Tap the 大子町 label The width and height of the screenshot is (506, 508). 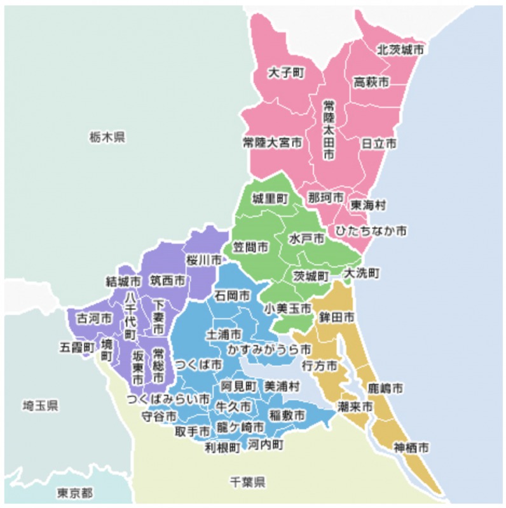pos(287,73)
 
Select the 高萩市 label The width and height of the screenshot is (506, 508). pos(371,83)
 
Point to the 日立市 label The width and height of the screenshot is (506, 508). pos(379,144)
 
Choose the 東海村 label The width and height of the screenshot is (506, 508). pos(368,206)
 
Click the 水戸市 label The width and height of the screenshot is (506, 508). pos(306,239)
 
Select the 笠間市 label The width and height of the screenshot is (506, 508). pos(249,246)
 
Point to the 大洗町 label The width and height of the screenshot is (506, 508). pos(362,274)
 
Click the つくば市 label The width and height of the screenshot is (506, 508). pos(199,365)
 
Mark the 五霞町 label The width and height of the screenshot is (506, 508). pos(78,347)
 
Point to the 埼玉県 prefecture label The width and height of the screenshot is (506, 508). pos(40,406)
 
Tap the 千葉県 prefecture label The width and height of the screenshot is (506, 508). pos(247,483)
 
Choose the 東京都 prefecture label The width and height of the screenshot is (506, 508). pos(74,493)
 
